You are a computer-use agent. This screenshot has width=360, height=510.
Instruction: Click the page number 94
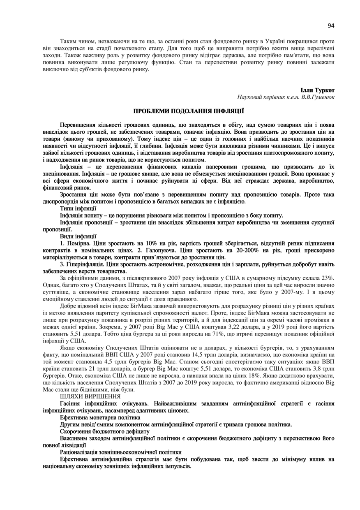point(331,25)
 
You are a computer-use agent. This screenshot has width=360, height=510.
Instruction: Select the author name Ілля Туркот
point(318,90)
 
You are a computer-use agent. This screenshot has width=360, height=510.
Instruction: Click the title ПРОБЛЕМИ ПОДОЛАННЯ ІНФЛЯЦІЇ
point(188,111)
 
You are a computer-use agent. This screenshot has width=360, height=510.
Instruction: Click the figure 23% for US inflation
point(327,278)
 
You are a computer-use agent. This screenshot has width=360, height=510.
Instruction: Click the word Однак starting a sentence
point(51,285)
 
